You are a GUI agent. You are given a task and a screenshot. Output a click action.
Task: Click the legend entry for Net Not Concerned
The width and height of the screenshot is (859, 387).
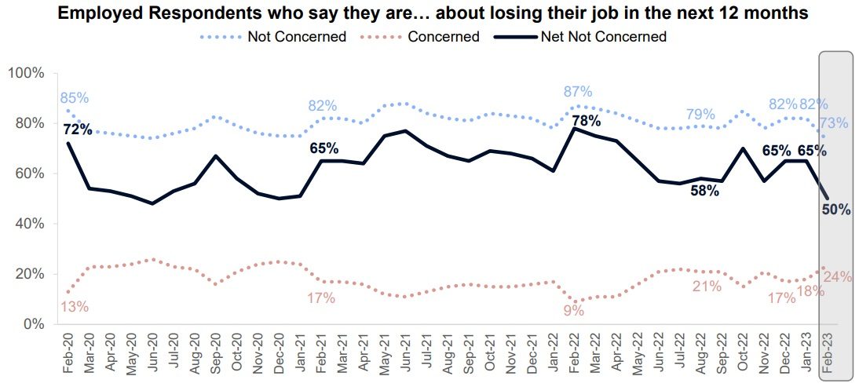(604, 37)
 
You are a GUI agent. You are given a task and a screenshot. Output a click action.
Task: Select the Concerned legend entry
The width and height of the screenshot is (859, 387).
(444, 37)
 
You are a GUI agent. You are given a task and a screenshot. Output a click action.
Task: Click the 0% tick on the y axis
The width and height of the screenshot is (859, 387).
(34, 324)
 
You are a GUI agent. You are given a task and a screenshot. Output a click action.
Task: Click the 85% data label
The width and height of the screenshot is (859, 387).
(75, 98)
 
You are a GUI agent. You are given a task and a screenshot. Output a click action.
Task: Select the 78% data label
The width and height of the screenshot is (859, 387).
(586, 121)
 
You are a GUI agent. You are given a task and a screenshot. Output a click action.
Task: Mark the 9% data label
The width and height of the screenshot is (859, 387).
(574, 310)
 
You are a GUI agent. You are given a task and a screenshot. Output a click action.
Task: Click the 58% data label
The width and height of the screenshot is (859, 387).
(704, 191)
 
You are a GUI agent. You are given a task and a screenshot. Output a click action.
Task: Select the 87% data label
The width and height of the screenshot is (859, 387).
(578, 92)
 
